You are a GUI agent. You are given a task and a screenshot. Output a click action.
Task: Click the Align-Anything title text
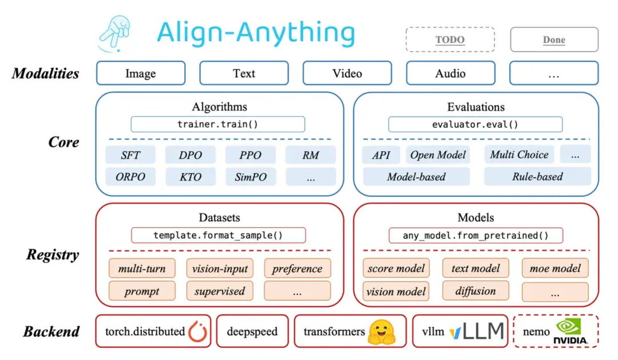tap(256, 33)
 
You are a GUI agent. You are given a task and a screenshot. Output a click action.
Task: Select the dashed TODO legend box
tap(450, 39)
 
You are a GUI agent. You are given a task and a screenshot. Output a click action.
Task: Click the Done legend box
tap(553, 39)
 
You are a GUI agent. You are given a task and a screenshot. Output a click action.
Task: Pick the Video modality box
tap(347, 73)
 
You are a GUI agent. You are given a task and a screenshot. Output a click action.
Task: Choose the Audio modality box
tap(450, 73)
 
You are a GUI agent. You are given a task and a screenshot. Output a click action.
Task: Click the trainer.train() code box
tap(217, 124)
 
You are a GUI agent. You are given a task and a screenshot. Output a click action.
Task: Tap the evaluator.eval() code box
tap(475, 124)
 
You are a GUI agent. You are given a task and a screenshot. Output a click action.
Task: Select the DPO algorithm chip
tap(191, 155)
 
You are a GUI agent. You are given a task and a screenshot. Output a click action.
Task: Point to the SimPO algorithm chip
tap(250, 177)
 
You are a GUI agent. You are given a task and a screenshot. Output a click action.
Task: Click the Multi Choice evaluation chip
tap(519, 155)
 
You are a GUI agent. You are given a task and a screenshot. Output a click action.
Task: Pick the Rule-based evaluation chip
tap(537, 177)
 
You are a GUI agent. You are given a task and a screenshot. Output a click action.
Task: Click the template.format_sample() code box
tap(218, 235)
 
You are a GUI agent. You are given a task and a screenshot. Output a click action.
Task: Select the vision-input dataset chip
tap(220, 268)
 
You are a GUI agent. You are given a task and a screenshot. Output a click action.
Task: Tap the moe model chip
tap(554, 268)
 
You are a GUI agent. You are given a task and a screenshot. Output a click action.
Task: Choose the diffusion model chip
tap(475, 291)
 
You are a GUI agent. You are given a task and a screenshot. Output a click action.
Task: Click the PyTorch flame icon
tap(197, 331)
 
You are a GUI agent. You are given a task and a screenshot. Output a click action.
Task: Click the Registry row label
tap(52, 255)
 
